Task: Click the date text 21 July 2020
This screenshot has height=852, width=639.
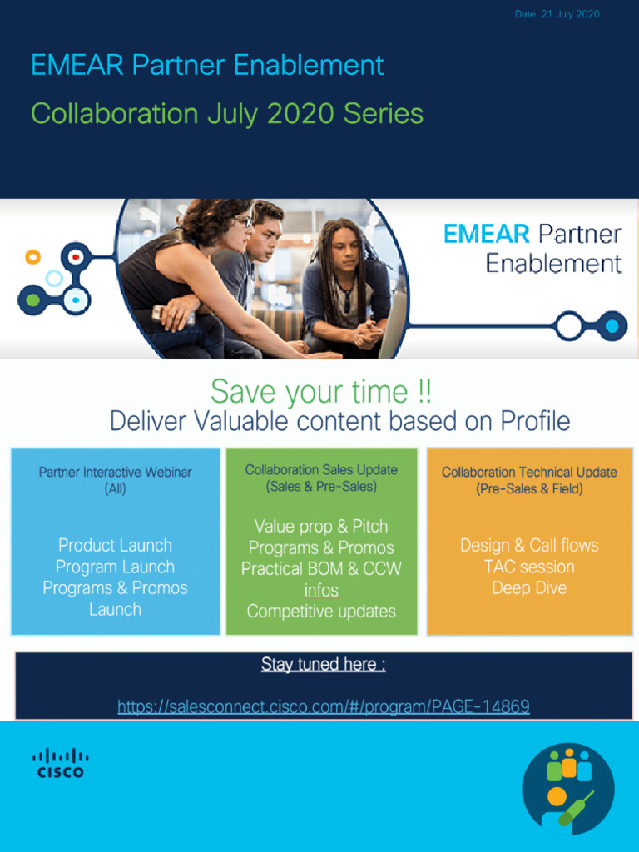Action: click(557, 14)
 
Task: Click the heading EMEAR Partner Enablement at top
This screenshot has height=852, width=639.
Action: click(207, 65)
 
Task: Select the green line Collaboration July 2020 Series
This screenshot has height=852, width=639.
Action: click(226, 113)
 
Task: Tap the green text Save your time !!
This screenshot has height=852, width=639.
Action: click(320, 391)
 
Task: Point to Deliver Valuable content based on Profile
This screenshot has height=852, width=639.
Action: click(339, 421)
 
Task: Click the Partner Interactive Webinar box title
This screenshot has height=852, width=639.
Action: click(115, 473)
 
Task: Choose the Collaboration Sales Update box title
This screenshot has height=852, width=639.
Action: click(321, 470)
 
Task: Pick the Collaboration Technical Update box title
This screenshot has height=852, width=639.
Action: click(529, 473)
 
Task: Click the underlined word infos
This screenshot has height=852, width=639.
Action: click(321, 591)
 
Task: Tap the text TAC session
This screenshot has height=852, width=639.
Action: click(529, 567)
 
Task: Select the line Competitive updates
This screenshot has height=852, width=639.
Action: click(321, 612)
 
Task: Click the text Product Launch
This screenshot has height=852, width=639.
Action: click(115, 546)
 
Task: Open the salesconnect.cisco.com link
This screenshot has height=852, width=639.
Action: click(324, 706)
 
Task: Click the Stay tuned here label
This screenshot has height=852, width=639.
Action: click(323, 664)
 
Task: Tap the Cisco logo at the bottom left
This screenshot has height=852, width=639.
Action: click(61, 762)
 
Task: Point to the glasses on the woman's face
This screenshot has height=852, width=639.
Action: click(243, 222)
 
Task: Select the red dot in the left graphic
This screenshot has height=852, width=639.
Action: click(76, 257)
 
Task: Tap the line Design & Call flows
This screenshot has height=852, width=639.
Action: click(529, 546)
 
